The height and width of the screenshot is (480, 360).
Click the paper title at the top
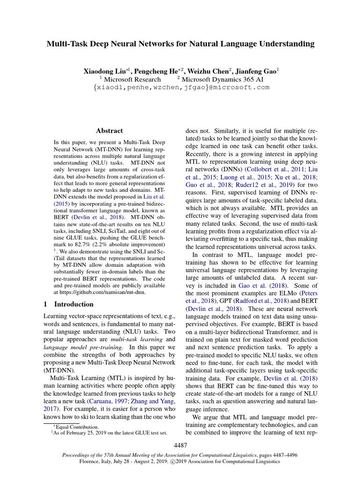(180, 44)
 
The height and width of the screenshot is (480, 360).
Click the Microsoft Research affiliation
(132, 79)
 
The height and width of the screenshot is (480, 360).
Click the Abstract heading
(109, 131)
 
